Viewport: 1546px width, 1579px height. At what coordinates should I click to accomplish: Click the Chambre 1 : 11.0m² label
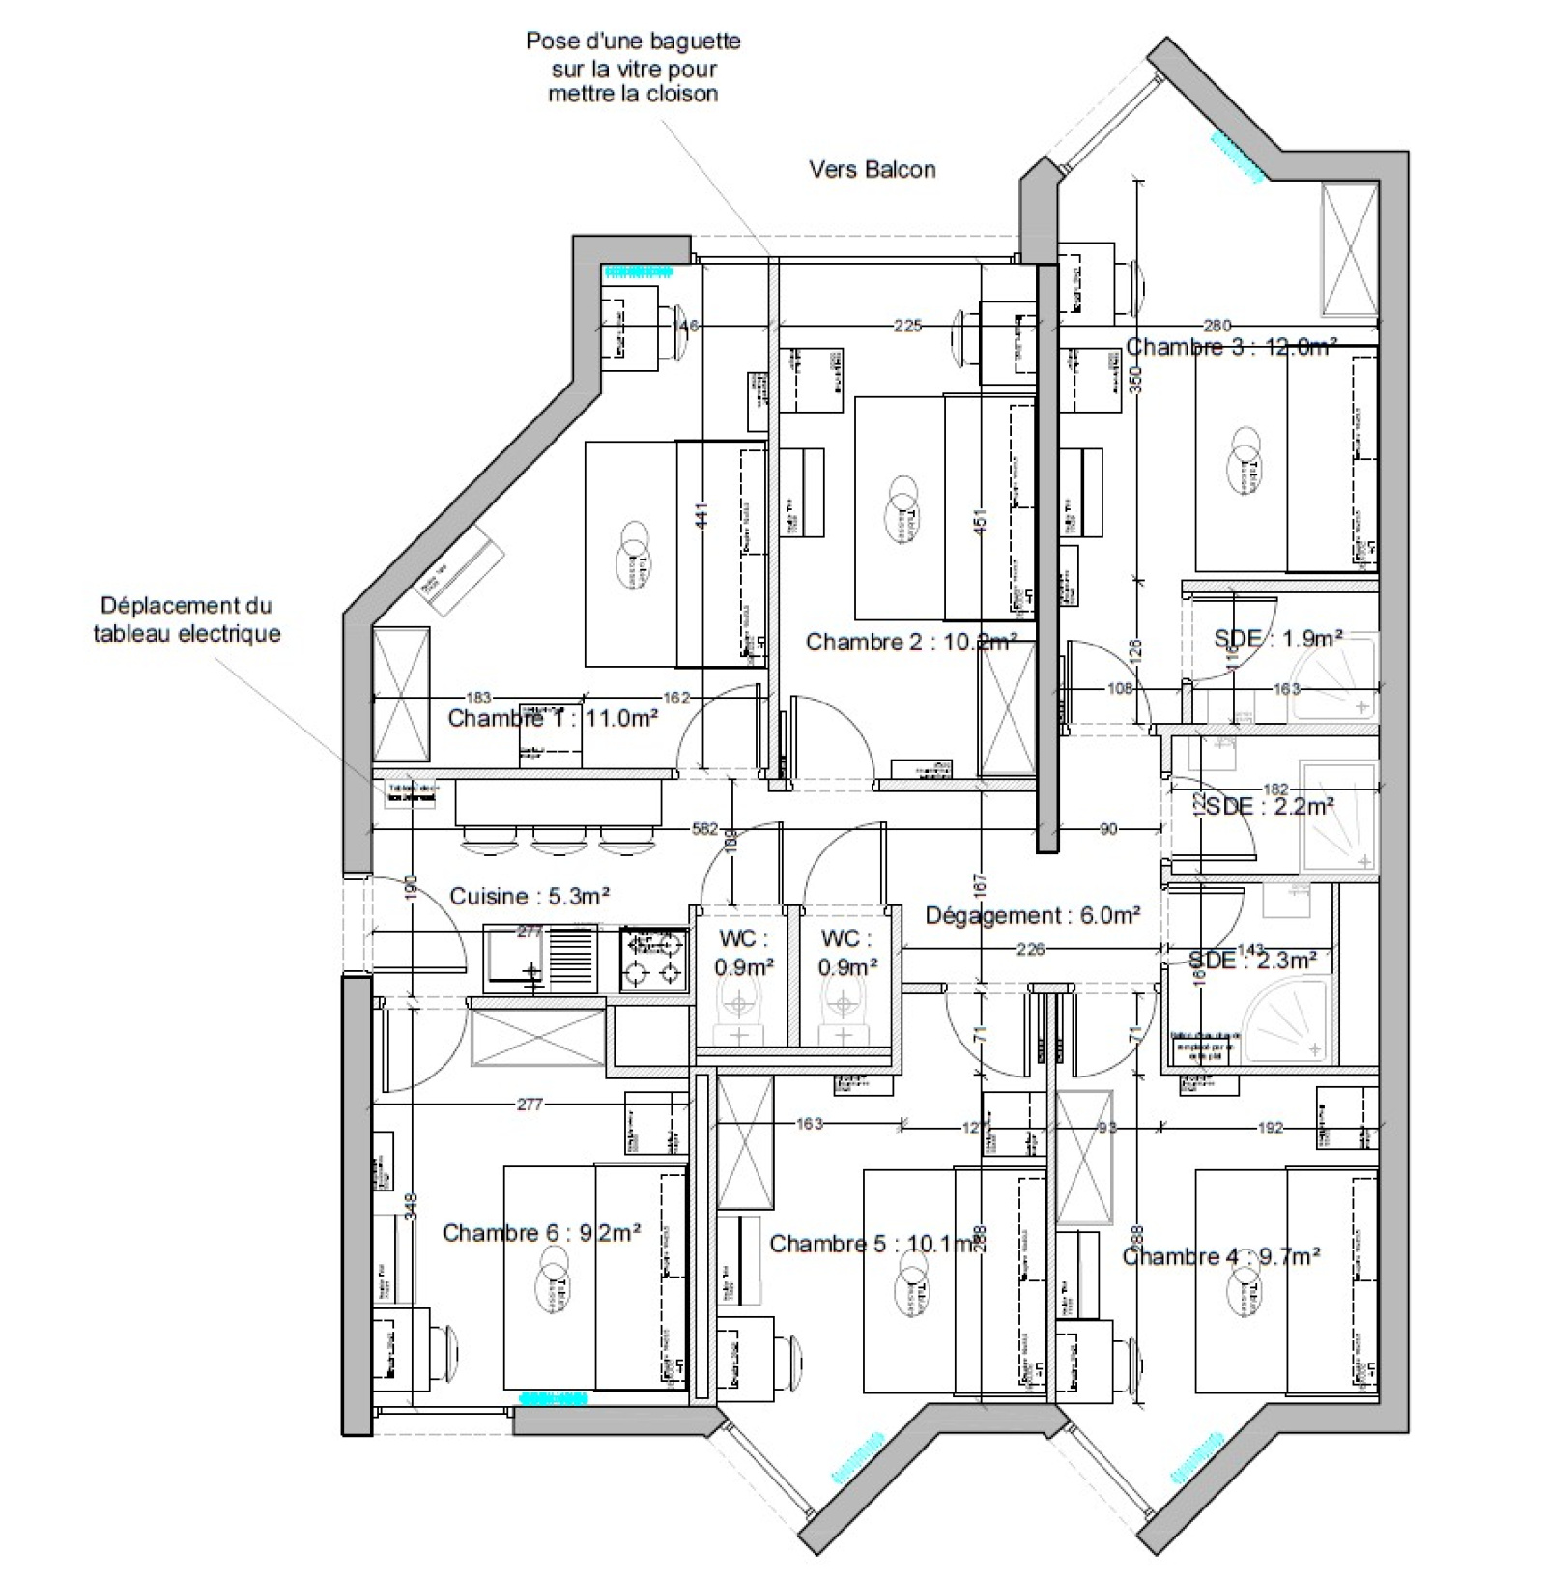coord(553,718)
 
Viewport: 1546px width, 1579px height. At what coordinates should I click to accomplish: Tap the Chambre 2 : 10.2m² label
coord(910,642)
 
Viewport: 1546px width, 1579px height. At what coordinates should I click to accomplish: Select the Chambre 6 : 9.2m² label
coord(541,1233)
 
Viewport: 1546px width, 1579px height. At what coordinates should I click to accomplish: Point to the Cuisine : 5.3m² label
coord(530,896)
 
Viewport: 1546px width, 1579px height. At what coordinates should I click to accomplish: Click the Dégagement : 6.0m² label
coord(1032,914)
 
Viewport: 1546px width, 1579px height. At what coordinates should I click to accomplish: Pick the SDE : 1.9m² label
coord(1277,639)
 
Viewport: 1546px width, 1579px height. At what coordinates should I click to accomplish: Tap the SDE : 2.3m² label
coord(1251,960)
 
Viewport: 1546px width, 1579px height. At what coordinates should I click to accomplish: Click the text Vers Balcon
coord(872,170)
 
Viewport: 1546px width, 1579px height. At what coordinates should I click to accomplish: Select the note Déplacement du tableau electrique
coord(186,619)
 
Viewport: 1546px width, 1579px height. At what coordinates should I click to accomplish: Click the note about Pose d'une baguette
coord(633,68)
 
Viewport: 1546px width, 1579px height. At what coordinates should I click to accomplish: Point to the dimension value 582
coord(704,829)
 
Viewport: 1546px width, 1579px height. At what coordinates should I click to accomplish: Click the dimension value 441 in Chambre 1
coord(702,514)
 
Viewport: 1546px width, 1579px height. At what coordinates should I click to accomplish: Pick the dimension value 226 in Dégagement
coord(1030,949)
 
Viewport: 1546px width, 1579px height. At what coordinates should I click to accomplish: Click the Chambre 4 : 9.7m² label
coord(1220,1256)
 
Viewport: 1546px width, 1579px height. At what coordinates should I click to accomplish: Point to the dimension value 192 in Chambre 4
coord(1271,1127)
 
